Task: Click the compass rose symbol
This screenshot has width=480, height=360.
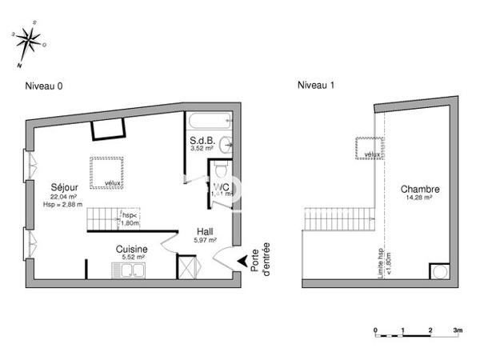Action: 29,40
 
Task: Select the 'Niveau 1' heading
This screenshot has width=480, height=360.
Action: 314,86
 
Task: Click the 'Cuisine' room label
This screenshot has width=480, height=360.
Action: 131,249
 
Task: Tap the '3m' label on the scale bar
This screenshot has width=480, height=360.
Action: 458,329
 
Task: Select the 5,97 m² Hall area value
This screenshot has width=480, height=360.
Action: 205,241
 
